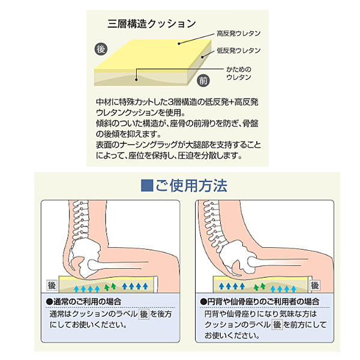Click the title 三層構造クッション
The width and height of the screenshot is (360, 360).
point(152,24)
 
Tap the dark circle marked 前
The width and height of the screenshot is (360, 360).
point(203,80)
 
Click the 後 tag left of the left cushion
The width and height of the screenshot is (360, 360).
point(52,286)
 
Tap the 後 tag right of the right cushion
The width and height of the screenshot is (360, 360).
point(316,285)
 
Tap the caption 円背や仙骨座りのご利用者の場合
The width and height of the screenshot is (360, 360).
point(260,301)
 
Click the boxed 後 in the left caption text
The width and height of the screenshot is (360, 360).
point(145,314)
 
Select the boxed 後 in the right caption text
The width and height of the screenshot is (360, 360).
point(277,325)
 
